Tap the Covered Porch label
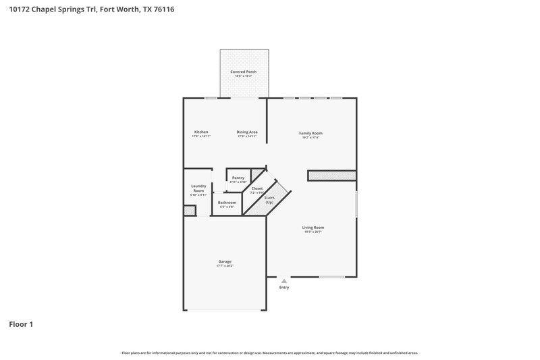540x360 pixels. point(243,72)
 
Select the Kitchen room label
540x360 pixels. point(201,132)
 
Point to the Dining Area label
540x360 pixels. point(246,132)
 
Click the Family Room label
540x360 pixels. point(310,133)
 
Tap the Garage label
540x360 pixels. point(225,261)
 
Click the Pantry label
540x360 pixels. point(238,178)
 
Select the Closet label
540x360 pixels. point(257,188)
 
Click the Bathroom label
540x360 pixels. point(227,203)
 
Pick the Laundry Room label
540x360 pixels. point(198,188)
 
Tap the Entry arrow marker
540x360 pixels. point(283,280)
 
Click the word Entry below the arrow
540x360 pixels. point(284,288)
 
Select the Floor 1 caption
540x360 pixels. point(21,325)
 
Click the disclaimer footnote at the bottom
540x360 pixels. point(269,353)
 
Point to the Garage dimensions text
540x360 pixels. point(225,266)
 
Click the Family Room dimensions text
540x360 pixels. point(310,138)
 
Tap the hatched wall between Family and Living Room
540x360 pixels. point(331,175)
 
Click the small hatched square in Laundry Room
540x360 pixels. point(190,211)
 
